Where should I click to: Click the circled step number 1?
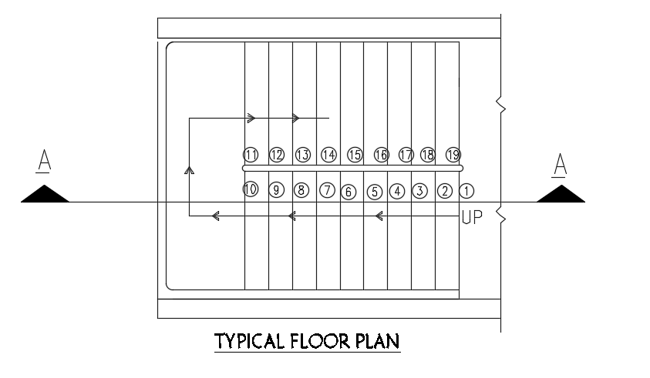click(466, 190)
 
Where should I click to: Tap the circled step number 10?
click(250, 190)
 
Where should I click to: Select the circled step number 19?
click(453, 155)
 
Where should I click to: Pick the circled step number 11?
click(250, 155)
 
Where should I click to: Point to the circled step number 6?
click(348, 192)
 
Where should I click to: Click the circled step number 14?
click(328, 155)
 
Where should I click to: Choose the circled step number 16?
click(381, 155)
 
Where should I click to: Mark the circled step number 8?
click(301, 190)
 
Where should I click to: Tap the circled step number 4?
click(396, 191)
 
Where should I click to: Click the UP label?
click(471, 218)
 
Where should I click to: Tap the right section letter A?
click(561, 164)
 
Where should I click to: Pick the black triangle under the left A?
click(45, 194)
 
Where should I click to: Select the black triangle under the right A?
click(561, 194)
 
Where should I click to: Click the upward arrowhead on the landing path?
click(189, 169)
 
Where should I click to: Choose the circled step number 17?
click(406, 155)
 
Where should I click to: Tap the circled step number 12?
click(277, 155)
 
